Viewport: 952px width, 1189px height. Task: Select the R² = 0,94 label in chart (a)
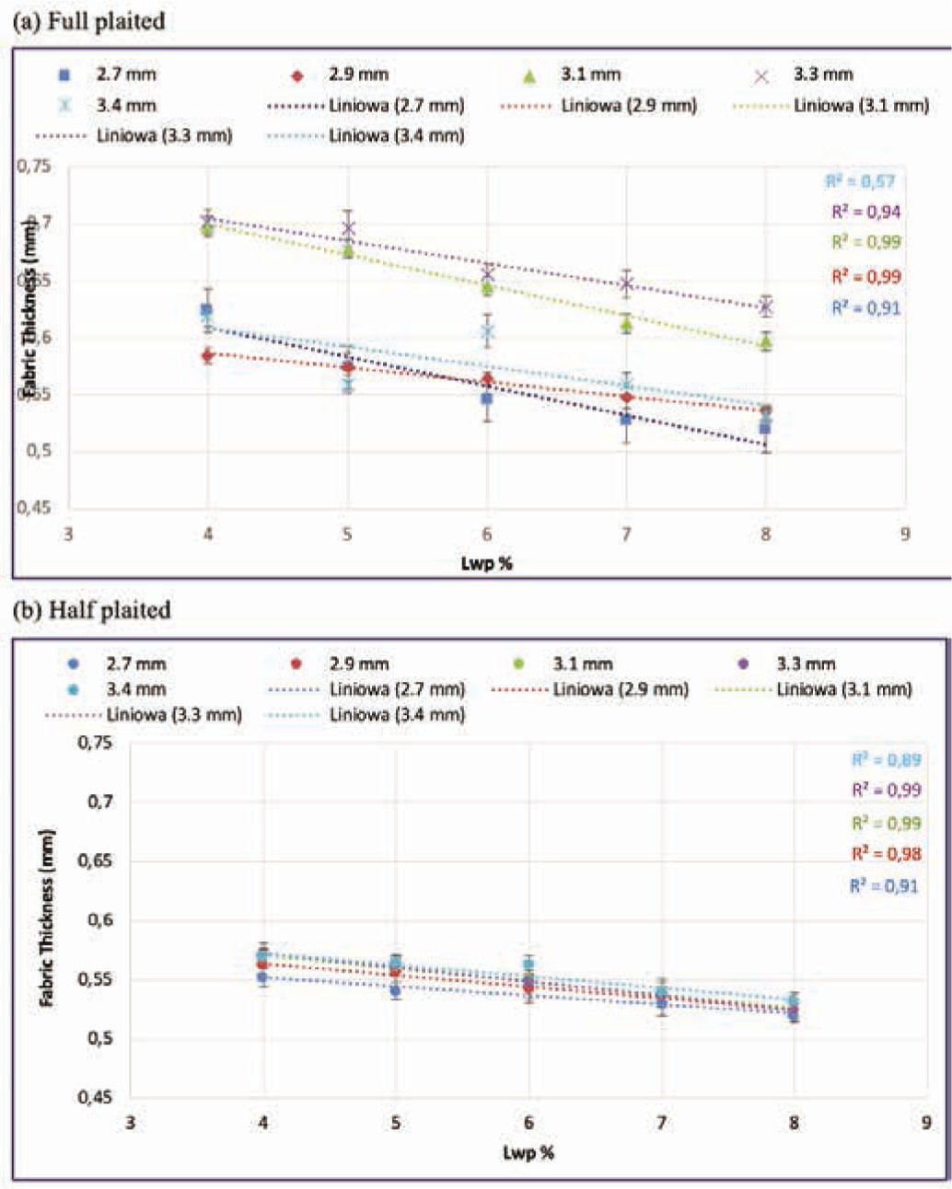point(865,212)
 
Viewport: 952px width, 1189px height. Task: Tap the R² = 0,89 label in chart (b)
point(886,760)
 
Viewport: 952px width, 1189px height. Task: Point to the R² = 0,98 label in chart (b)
point(886,854)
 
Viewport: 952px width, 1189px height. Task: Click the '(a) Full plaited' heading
point(88,21)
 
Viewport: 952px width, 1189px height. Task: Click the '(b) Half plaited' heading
point(91,610)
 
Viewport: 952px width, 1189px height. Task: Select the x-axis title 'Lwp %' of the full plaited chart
point(486,563)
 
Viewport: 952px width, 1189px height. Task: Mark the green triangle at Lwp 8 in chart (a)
point(765,342)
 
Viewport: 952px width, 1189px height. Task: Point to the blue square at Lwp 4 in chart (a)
point(206,310)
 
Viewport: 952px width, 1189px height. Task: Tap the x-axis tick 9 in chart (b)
point(925,1123)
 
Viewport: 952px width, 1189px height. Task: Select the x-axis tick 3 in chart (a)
point(67,534)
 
